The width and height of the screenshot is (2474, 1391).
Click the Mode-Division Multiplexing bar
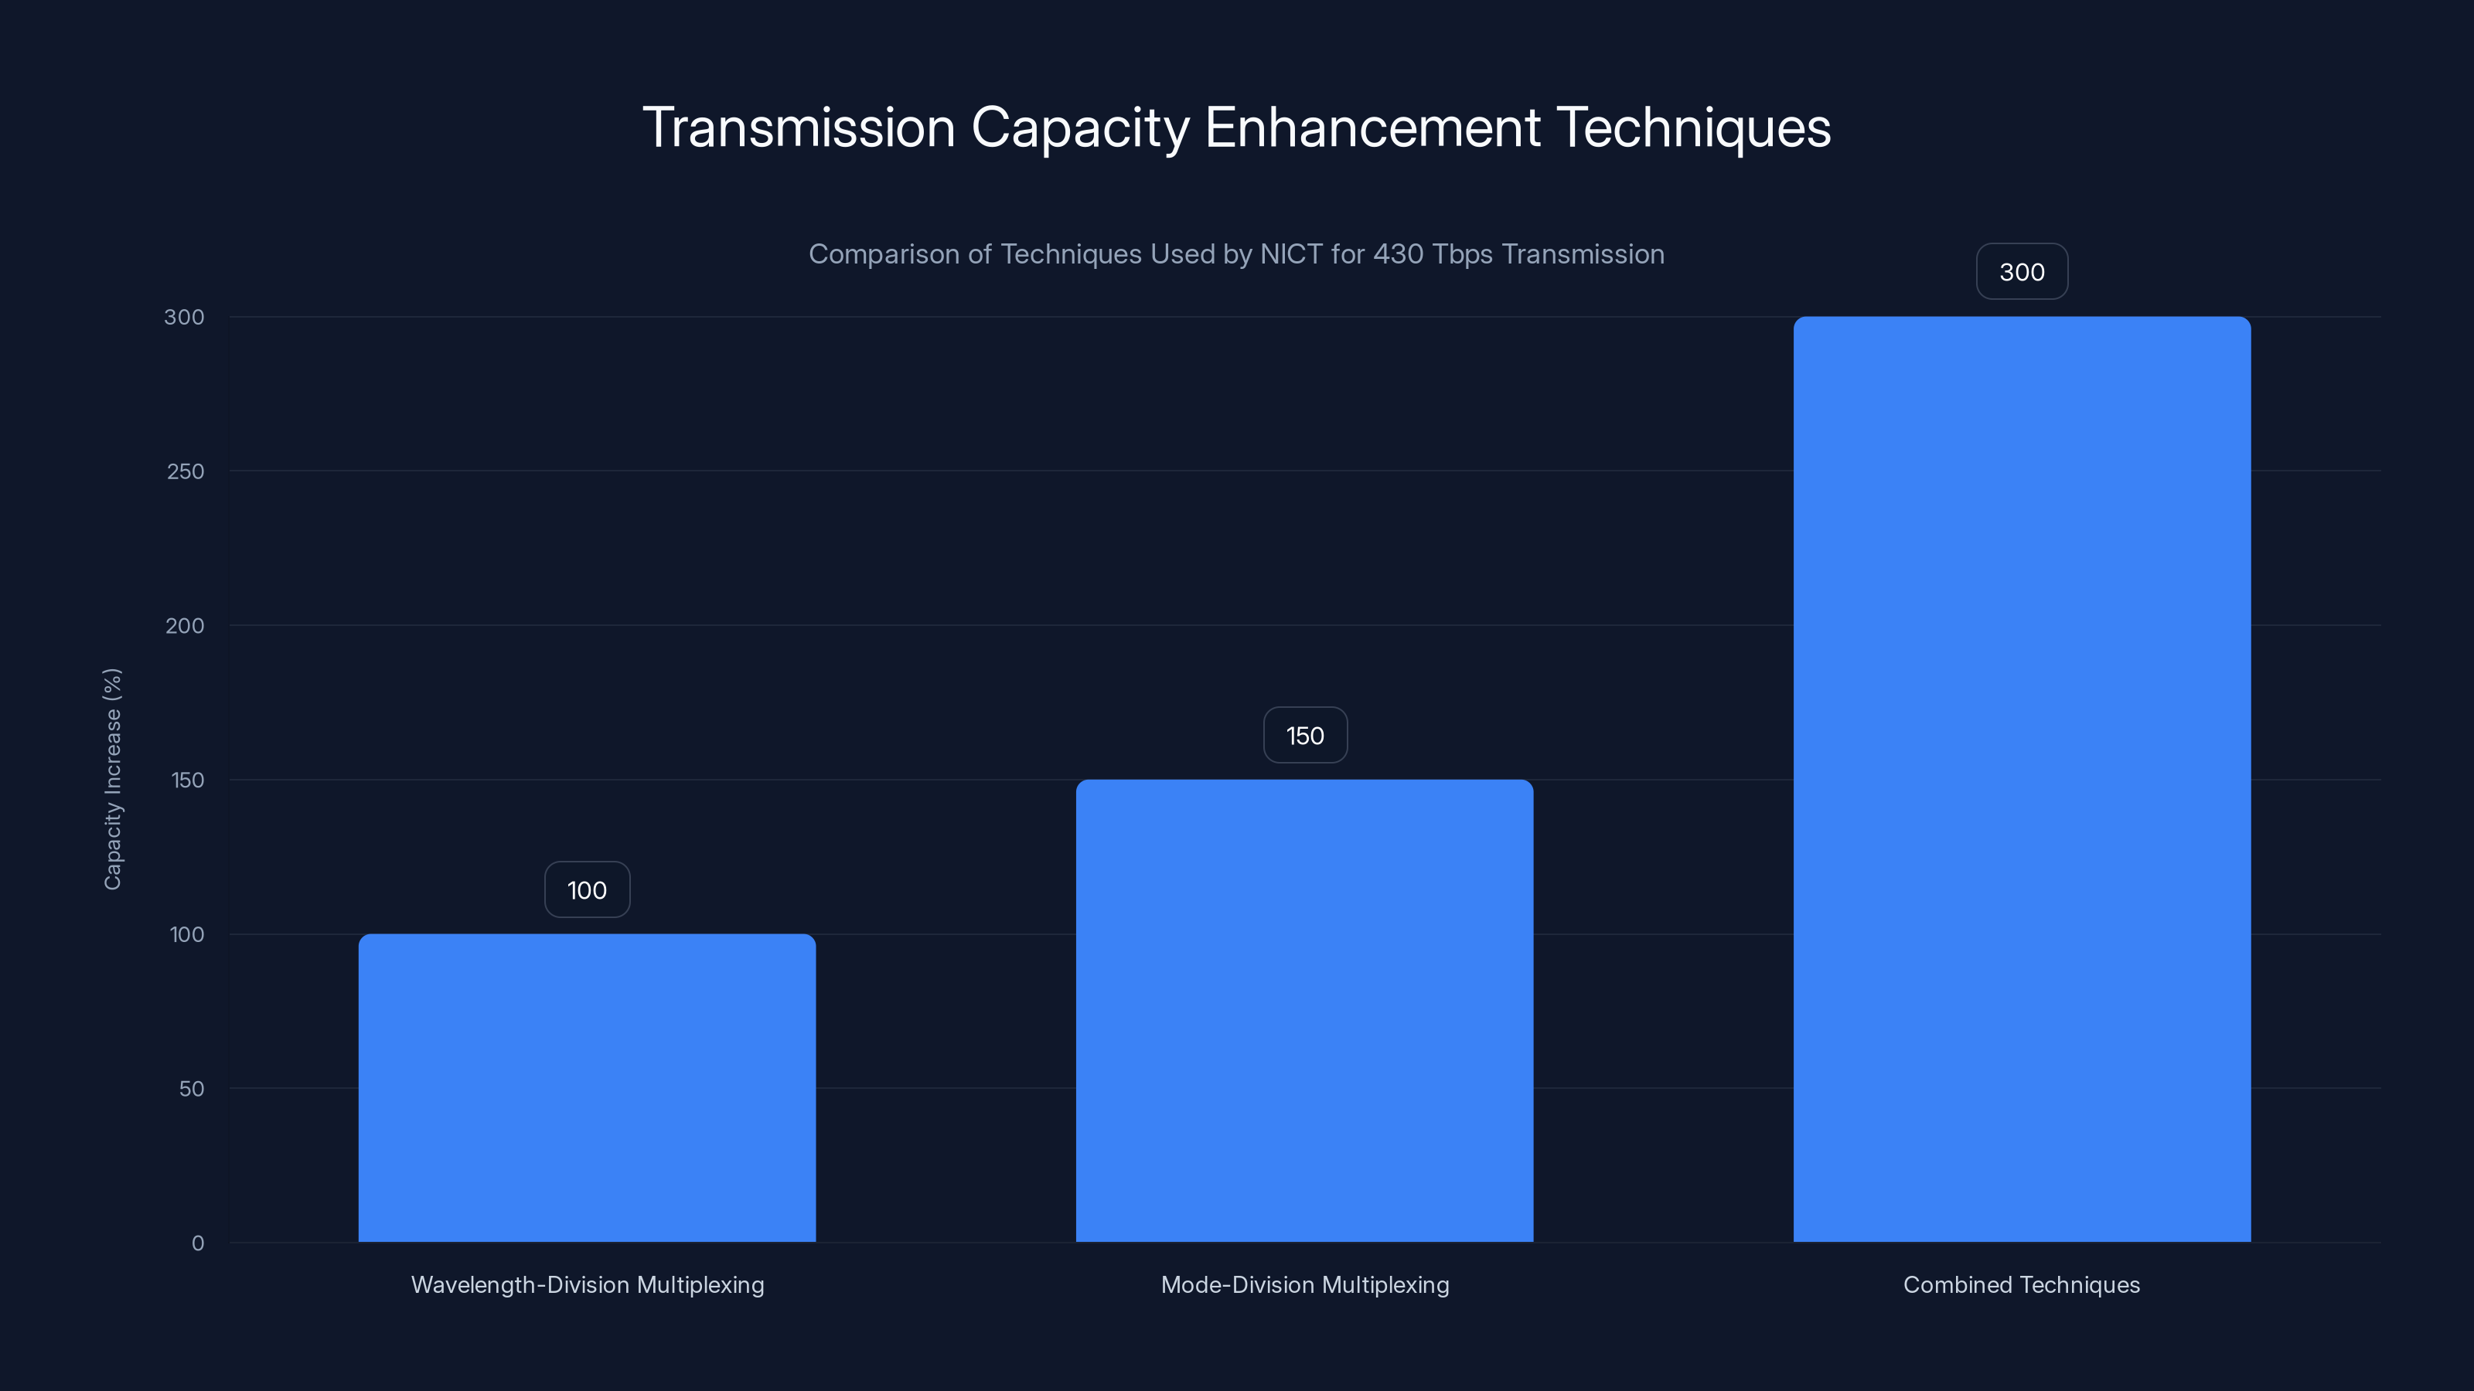click(1304, 1010)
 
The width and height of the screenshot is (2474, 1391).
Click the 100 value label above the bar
click(587, 890)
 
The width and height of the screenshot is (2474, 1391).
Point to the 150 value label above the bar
click(1305, 736)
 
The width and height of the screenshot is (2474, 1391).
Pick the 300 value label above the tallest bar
click(2022, 272)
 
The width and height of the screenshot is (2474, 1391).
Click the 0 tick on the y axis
click(198, 1243)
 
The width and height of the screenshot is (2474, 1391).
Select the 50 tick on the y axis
click(191, 1089)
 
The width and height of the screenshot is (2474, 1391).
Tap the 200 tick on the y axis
click(186, 626)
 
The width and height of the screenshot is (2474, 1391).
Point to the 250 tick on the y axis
click(186, 471)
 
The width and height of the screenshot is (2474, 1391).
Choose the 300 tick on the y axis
click(185, 317)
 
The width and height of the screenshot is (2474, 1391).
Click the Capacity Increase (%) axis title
click(112, 778)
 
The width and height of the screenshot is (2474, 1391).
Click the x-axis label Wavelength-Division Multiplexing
click(588, 1284)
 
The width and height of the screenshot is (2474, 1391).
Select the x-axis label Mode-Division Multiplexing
click(1305, 1284)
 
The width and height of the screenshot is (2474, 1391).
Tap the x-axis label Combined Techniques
click(2022, 1284)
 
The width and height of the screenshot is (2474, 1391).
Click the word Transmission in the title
click(798, 128)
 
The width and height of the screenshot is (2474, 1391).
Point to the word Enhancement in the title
click(1372, 128)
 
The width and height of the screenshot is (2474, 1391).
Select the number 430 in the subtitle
click(1399, 254)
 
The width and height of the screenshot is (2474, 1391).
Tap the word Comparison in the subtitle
click(884, 254)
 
